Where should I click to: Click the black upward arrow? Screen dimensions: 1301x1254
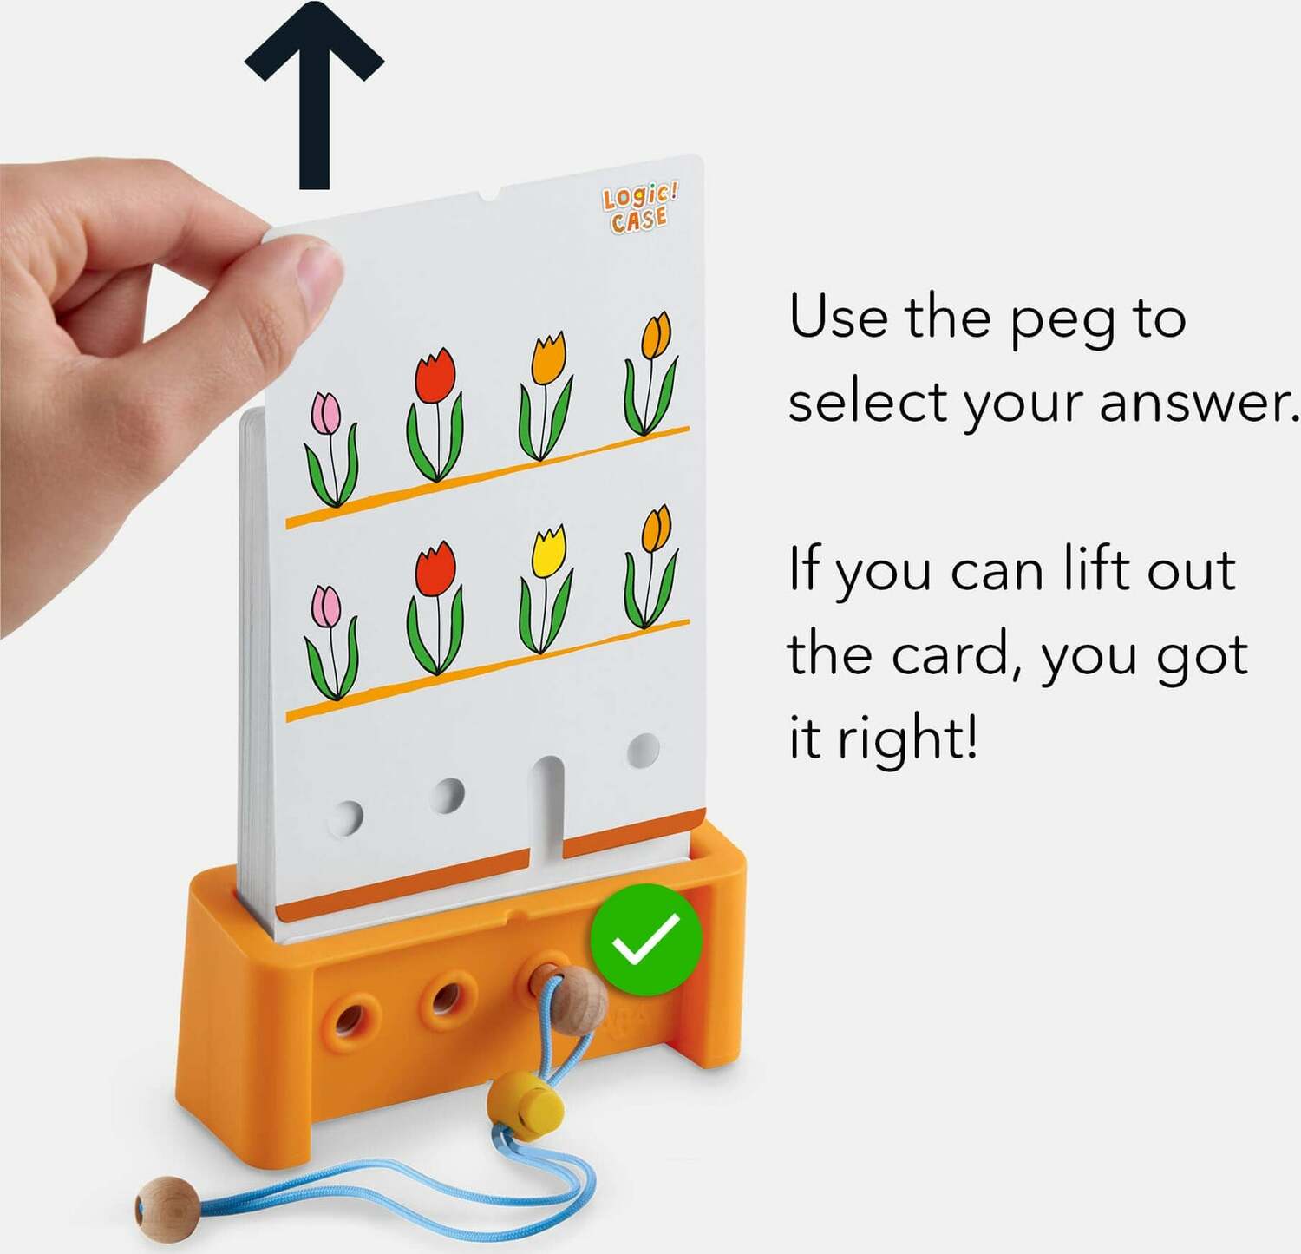tap(314, 95)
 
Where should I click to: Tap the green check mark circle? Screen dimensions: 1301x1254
tap(646, 940)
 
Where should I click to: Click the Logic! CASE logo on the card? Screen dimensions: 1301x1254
tap(640, 208)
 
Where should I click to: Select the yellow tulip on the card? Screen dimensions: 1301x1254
tap(546, 589)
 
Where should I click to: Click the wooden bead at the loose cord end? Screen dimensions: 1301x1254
tap(165, 1204)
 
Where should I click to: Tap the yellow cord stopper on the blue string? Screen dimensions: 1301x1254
tap(525, 1101)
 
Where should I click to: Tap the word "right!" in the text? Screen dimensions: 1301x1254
tap(907, 739)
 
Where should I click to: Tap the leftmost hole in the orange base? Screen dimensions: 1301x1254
tap(350, 1019)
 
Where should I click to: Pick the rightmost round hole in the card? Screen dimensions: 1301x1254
tap(644, 751)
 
